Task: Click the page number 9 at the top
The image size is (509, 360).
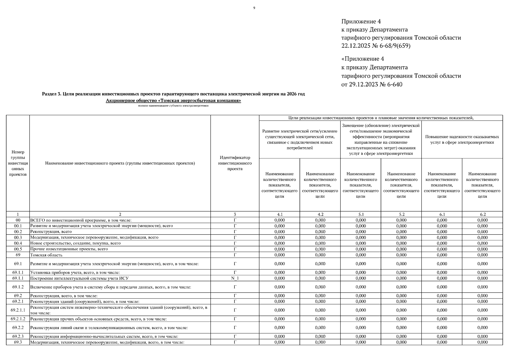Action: [254, 8]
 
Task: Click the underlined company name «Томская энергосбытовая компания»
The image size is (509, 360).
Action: [173, 100]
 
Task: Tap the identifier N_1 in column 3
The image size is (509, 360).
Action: [235, 278]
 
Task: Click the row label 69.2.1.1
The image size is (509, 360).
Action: [18, 310]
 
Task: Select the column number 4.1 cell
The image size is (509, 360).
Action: [279, 214]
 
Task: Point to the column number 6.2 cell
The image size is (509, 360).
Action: [482, 214]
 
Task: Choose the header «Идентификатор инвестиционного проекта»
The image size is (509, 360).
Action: [235, 163]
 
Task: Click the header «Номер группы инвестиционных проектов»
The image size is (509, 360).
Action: [18, 163]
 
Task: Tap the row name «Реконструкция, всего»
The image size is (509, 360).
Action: [51, 232]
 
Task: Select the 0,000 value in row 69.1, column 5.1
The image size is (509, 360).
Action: [361, 264]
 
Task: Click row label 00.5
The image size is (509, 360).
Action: [18, 249]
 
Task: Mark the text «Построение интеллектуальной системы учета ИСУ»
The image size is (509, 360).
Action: [79, 278]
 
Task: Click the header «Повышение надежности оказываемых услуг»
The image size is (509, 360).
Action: [462, 139]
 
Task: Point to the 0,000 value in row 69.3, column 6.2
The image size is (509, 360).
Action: [482, 342]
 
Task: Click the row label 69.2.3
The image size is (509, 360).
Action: [18, 336]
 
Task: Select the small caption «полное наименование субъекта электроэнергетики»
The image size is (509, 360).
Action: [173, 106]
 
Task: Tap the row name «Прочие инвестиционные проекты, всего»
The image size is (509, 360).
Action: [69, 249]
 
